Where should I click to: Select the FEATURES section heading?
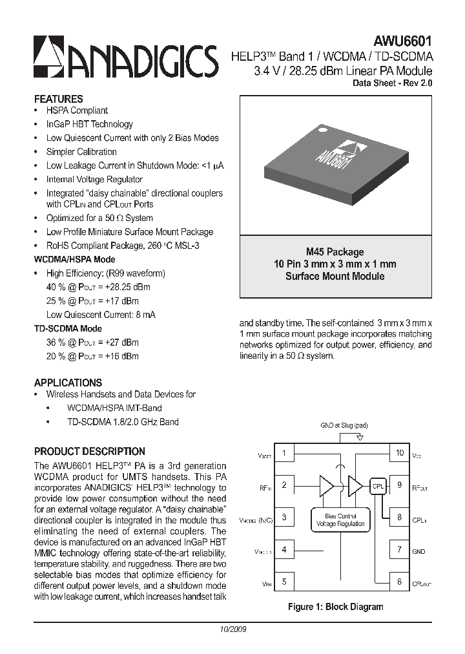[58, 99]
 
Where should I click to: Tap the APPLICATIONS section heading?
[68, 382]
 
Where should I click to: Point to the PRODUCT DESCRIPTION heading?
[89, 451]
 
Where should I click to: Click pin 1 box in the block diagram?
[284, 453]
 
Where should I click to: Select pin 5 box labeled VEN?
[284, 582]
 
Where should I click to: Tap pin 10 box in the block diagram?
[400, 453]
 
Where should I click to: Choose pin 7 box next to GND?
[400, 550]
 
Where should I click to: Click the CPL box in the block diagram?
[378, 485]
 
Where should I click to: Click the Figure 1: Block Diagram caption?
[335, 606]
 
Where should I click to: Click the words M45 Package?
[335, 252]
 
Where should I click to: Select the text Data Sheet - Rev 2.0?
[391, 83]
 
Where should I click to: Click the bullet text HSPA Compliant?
[77, 111]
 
